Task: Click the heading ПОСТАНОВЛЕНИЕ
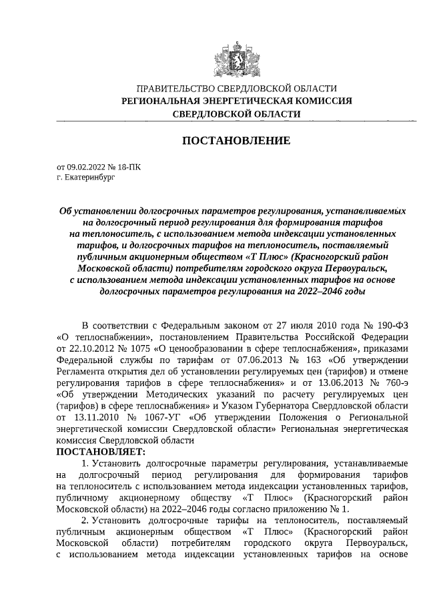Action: pos(236,141)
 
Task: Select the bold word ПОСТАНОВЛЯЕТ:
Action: pos(101,452)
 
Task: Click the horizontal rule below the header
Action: pos(236,121)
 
